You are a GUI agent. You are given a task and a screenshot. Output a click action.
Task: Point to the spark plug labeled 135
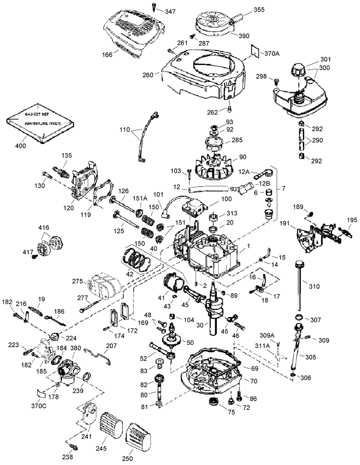coord(61,172)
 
